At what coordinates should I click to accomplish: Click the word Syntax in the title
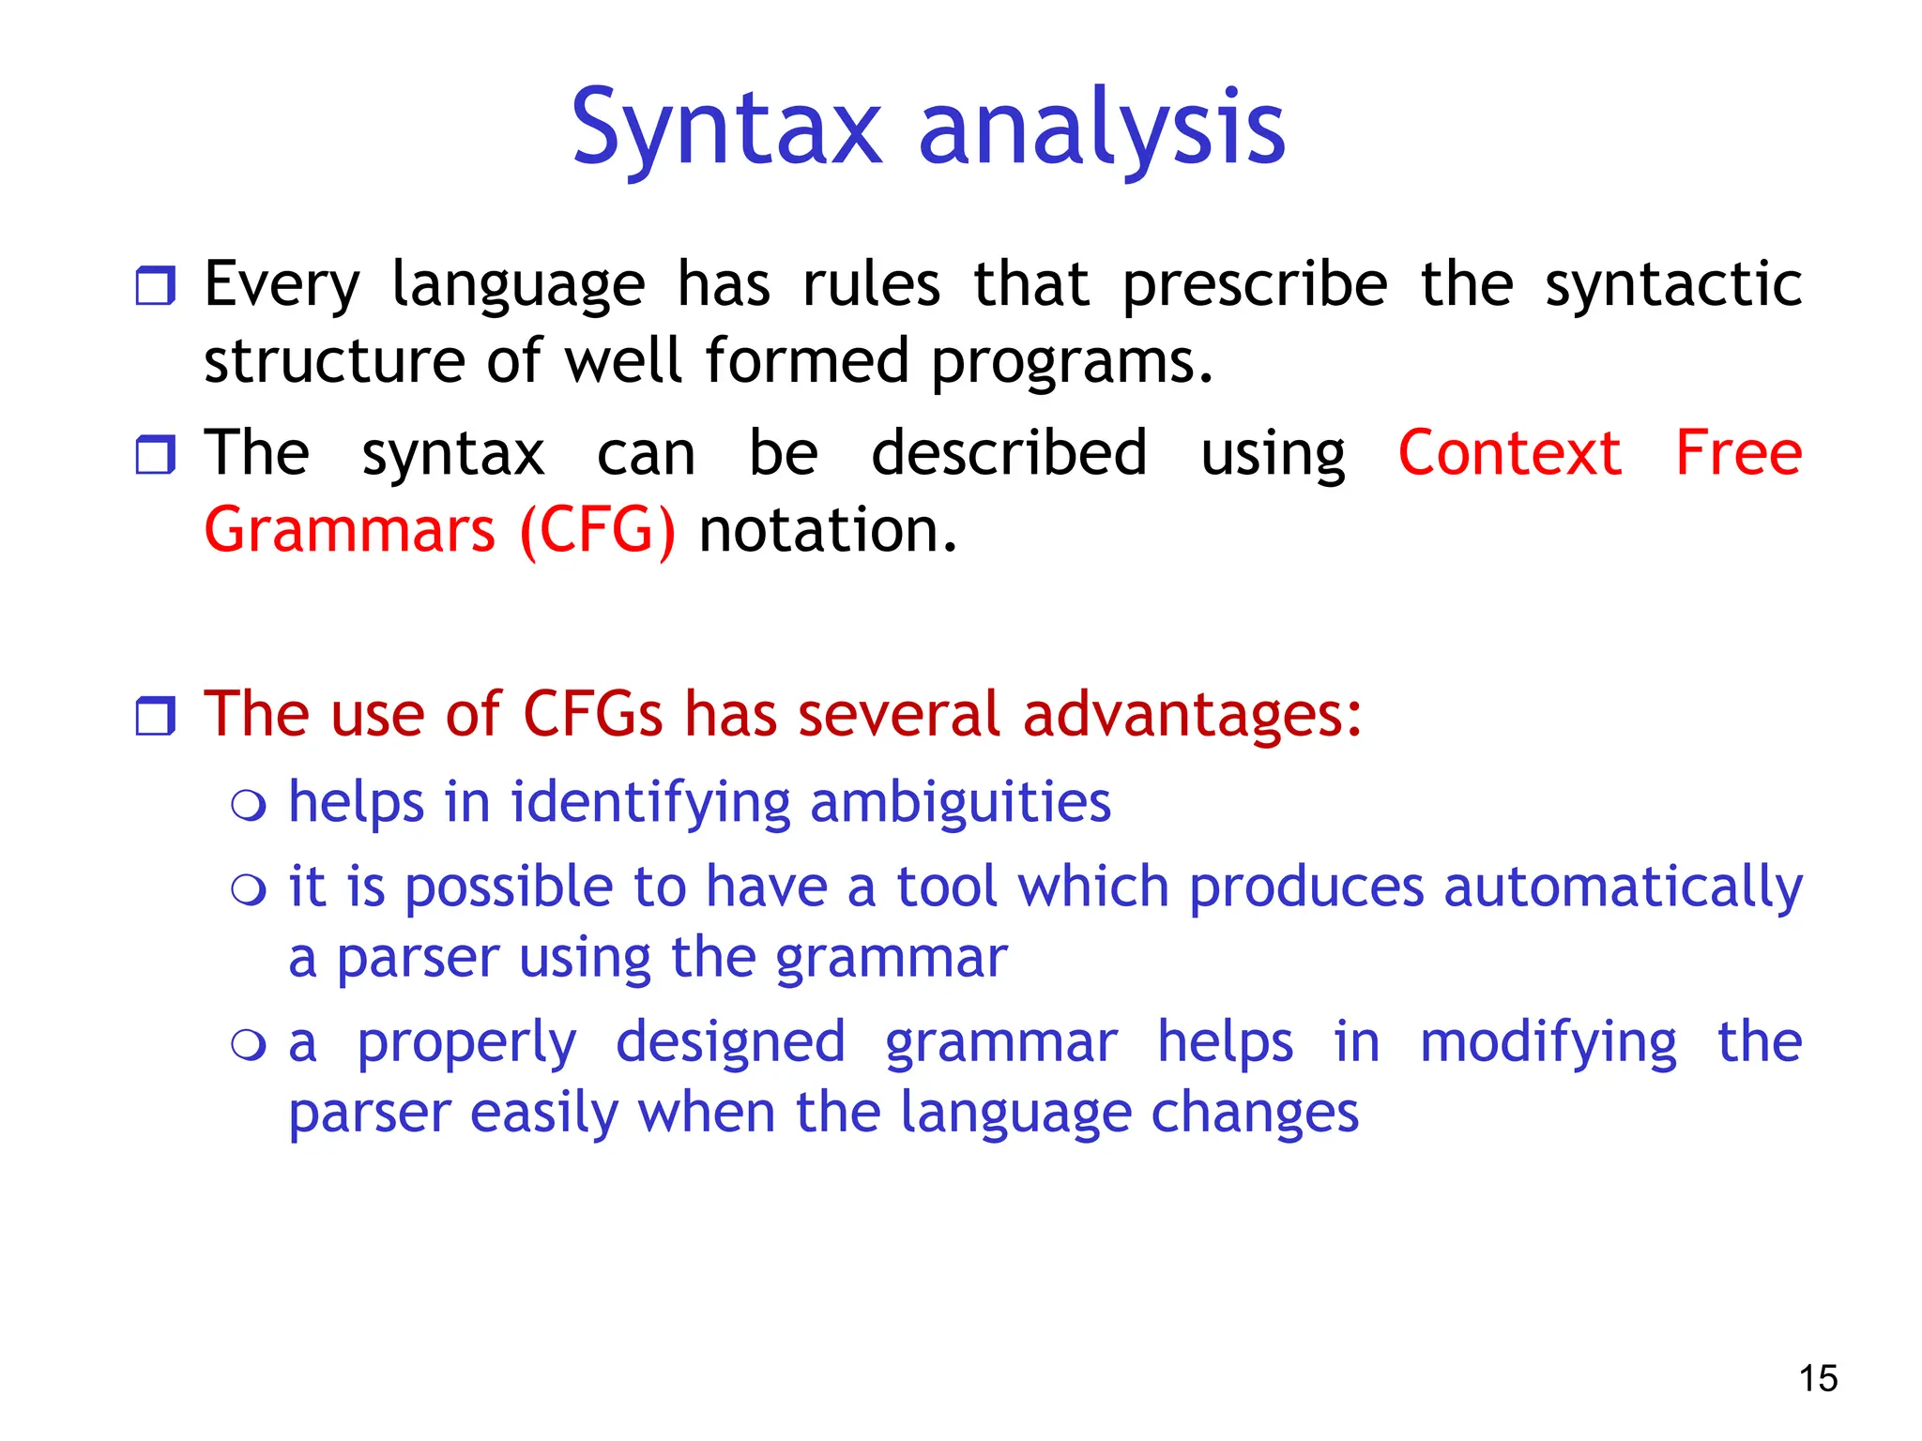[727, 129]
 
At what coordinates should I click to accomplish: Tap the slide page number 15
[1818, 1378]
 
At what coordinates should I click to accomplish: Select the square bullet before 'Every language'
[155, 285]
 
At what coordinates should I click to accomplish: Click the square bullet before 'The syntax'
[155, 454]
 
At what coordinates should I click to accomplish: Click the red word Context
[1509, 453]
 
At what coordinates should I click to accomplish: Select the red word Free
[1738, 453]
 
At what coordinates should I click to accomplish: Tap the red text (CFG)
[597, 531]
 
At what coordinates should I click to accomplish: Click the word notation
[828, 531]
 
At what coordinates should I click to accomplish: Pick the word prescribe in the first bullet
[1255, 285]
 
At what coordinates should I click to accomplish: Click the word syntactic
[1672, 285]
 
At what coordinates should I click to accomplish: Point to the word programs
[1072, 362]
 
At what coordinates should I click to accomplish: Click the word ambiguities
[960, 803]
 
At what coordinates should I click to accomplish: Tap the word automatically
[1623, 887]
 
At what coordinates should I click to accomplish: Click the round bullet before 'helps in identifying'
[249, 805]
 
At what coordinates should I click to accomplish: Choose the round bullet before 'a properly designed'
[249, 1044]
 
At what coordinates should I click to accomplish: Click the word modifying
[1548, 1043]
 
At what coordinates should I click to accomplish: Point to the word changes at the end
[1254, 1114]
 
